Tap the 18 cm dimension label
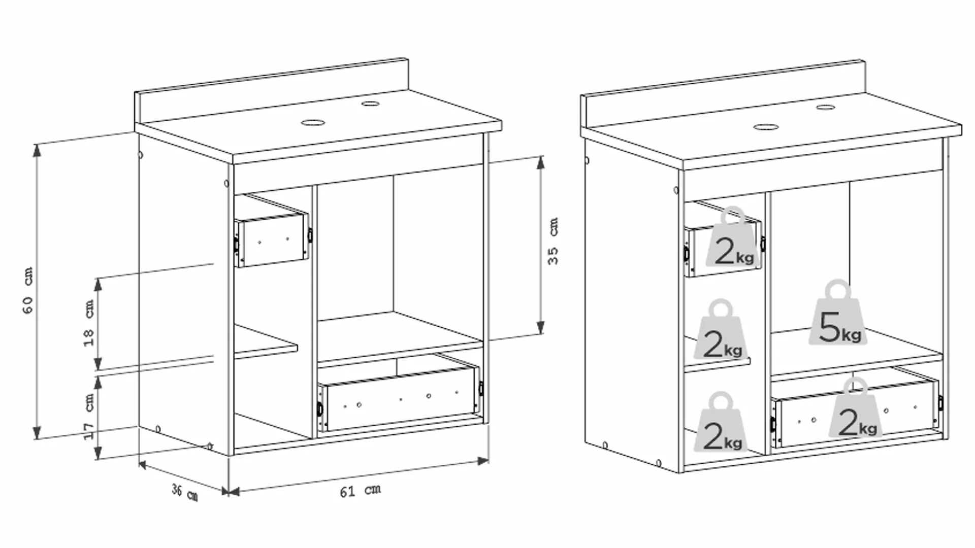click(89, 323)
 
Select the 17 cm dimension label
click(89, 416)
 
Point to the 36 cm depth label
click(184, 492)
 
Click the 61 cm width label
click(360, 491)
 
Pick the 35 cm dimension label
click(553, 241)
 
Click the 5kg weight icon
click(838, 316)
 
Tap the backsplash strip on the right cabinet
click(721, 93)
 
